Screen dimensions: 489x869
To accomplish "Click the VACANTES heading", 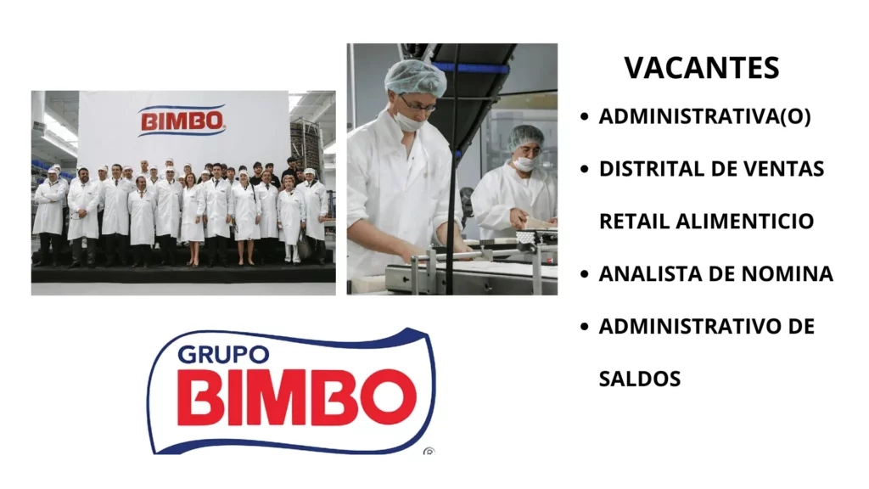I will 701,68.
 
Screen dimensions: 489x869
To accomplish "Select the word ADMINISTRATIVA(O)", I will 704,117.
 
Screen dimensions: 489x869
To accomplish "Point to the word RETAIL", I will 634,222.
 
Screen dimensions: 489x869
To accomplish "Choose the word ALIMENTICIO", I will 745,222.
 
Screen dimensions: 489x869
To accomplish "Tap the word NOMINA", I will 788,274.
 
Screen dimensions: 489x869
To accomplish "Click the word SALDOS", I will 640,379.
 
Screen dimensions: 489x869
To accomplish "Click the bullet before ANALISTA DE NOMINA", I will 584,275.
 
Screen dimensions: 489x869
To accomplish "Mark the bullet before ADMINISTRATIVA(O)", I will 584,118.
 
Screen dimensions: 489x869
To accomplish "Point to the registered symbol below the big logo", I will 429,452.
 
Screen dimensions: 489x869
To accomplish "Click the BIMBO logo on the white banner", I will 182,121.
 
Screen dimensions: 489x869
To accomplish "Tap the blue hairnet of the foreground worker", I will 414,77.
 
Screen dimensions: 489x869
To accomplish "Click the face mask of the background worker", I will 524,164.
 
